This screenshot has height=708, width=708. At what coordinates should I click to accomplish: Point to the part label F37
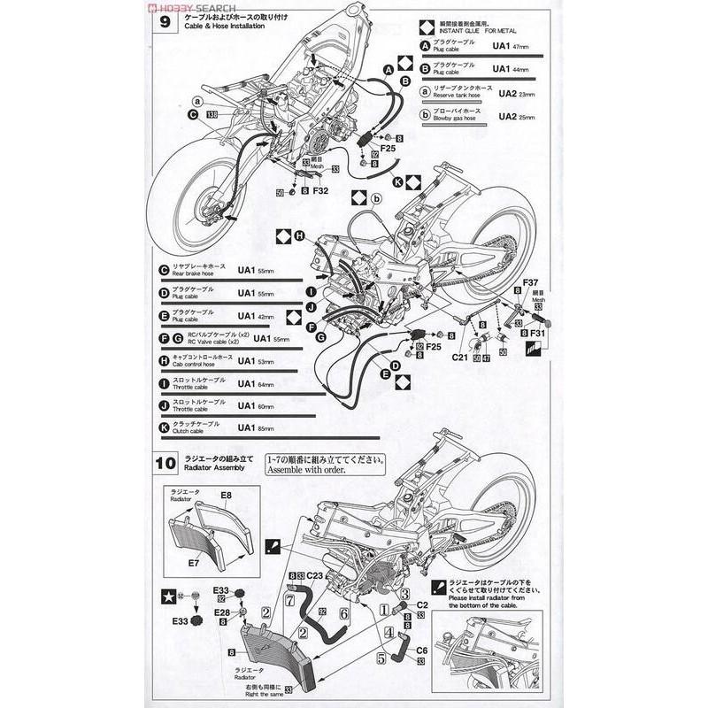[530, 282]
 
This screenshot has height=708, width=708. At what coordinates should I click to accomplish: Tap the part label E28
[222, 612]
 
